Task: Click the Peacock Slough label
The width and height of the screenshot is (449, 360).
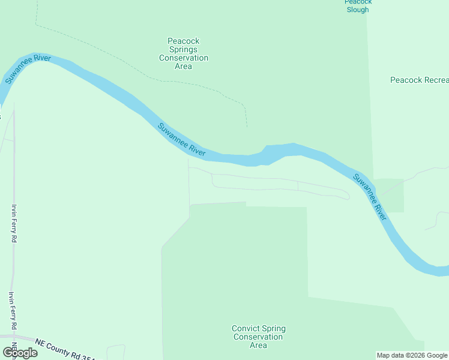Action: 358,5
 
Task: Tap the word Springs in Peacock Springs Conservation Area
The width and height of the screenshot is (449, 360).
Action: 184,49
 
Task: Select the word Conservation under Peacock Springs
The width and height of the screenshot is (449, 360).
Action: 184,58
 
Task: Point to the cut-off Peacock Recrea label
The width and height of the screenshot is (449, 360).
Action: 419,80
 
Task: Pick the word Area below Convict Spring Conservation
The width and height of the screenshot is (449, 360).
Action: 258,345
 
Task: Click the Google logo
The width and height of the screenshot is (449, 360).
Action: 19,353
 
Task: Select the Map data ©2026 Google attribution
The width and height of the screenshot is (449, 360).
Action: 412,355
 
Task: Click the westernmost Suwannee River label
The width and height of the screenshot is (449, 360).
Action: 28,69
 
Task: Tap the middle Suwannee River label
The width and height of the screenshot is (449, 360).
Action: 181,140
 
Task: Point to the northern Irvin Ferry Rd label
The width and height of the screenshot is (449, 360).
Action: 14,223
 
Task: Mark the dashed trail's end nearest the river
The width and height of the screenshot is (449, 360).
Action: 247,127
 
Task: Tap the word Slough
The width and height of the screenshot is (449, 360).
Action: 358,10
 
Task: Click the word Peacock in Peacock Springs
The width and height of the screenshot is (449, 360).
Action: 184,41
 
